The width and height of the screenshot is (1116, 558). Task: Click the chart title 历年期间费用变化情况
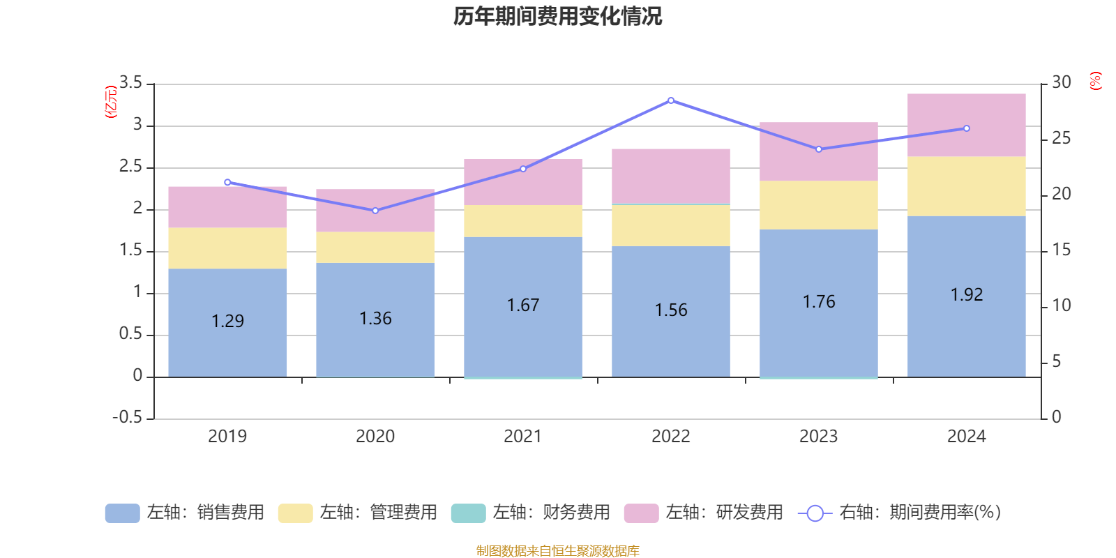pos(557,16)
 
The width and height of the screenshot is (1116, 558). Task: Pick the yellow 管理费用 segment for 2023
pos(818,205)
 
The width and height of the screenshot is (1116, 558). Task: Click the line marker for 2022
pos(671,100)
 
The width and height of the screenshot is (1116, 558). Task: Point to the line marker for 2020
pos(375,211)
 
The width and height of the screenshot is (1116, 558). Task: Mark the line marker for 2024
pos(967,128)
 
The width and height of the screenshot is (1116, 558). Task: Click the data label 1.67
pos(523,305)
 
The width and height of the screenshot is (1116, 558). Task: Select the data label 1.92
pos(967,294)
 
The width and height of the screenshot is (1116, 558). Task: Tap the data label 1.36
pos(375,318)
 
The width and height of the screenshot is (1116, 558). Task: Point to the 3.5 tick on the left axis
pos(130,83)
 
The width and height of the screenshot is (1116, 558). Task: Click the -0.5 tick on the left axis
pos(128,417)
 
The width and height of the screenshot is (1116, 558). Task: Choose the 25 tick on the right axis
pos(1061,138)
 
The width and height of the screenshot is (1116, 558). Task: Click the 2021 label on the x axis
pos(522,436)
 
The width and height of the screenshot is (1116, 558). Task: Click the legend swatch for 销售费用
pos(122,513)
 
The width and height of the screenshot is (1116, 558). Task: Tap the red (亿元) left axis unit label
pos(110,102)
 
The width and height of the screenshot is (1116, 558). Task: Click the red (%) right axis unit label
pos(1096,80)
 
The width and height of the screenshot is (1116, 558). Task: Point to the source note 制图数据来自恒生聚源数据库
pos(557,551)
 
